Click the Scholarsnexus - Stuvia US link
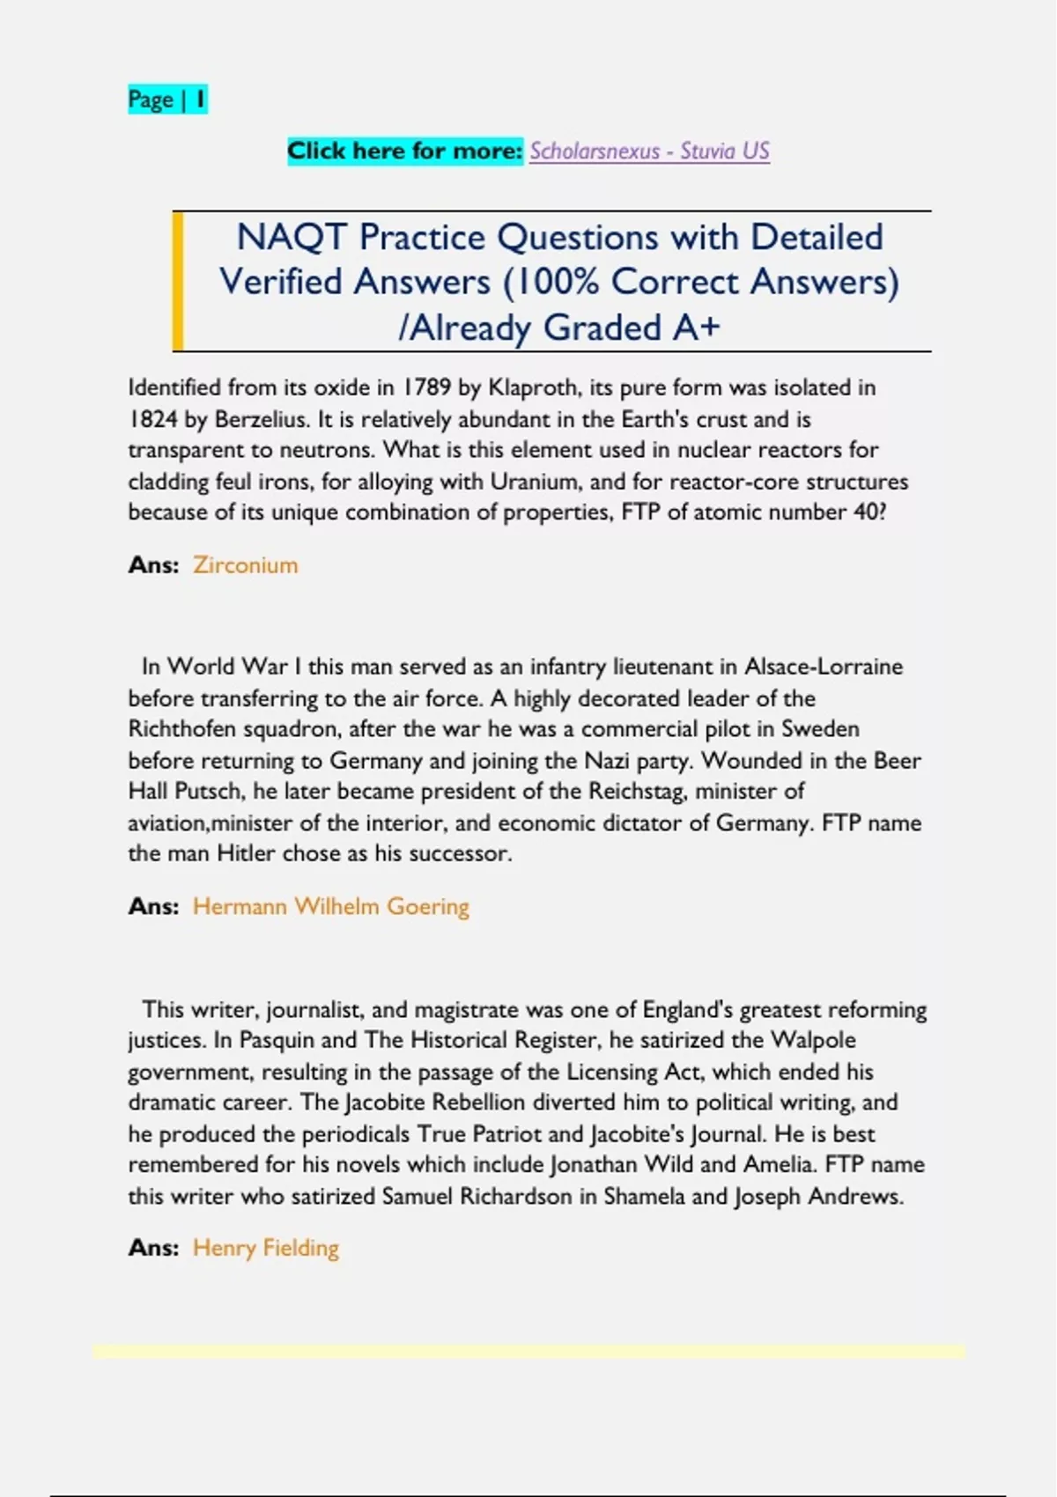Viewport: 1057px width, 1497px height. click(x=649, y=151)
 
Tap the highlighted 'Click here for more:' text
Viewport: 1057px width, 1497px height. click(x=405, y=151)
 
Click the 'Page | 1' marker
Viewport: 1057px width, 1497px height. click(x=167, y=100)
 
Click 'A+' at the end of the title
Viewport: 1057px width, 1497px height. click(x=696, y=328)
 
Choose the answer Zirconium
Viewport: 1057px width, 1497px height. click(x=246, y=565)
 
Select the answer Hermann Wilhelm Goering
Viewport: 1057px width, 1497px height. click(x=331, y=907)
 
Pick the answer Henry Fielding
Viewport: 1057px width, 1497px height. click(x=266, y=1249)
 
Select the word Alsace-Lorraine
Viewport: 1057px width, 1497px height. click(x=824, y=667)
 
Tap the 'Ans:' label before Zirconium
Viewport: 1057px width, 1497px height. click(x=153, y=565)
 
